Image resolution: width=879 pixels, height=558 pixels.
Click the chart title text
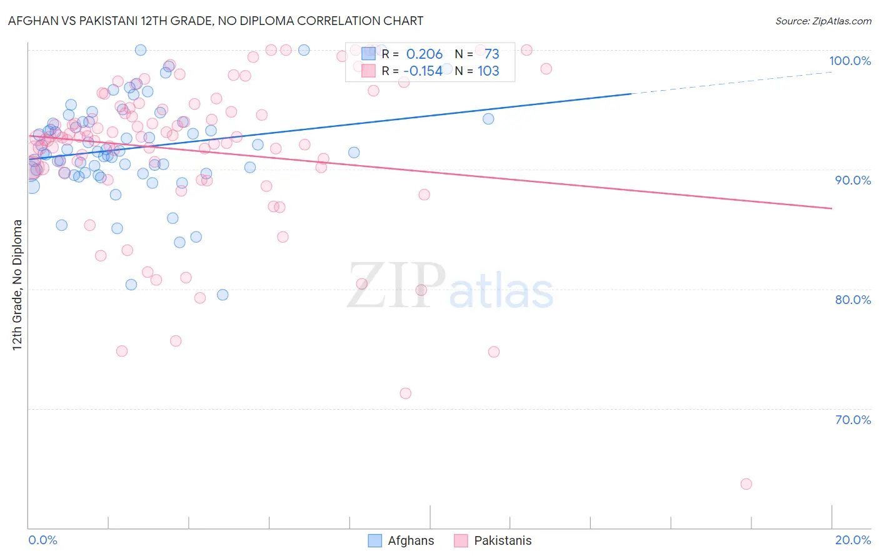pyautogui.click(x=216, y=21)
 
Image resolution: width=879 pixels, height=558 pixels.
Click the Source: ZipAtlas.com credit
pyautogui.click(x=823, y=21)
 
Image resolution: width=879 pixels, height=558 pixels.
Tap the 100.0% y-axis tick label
pyautogui.click(x=850, y=61)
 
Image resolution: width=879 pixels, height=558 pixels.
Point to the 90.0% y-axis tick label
pyautogui.click(x=853, y=180)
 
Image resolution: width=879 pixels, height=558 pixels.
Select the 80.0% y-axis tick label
pyautogui.click(x=853, y=300)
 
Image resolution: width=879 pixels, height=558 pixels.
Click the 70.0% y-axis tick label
pyautogui.click(x=853, y=420)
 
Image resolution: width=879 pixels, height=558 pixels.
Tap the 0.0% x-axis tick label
pyautogui.click(x=43, y=540)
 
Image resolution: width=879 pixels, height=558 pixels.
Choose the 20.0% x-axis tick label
pyautogui.click(x=853, y=540)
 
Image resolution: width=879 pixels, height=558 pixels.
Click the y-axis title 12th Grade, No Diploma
pyautogui.click(x=18, y=285)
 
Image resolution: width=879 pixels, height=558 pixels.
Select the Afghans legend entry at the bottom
pyautogui.click(x=401, y=541)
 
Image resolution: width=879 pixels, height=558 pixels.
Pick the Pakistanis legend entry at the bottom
pyautogui.click(x=493, y=541)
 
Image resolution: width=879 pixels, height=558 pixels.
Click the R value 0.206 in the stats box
pyautogui.click(x=424, y=54)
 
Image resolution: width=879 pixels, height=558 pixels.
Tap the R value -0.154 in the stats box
pyautogui.click(x=423, y=71)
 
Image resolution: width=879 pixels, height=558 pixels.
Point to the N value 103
pyautogui.click(x=488, y=71)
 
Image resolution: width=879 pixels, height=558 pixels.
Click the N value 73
pyautogui.click(x=491, y=54)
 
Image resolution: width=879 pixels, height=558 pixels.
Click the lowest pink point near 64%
pyautogui.click(x=746, y=484)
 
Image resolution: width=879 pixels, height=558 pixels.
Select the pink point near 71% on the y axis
pyautogui.click(x=405, y=393)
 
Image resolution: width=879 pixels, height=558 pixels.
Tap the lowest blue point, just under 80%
pyautogui.click(x=223, y=295)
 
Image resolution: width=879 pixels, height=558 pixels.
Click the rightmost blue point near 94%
pyautogui.click(x=488, y=119)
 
